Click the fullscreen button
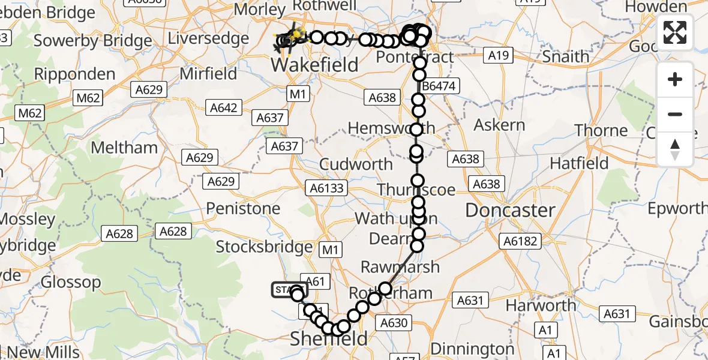[675, 32]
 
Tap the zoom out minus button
[675, 114]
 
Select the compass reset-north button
[675, 149]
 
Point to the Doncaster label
[510, 211]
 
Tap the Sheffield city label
[328, 339]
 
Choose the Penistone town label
[243, 209]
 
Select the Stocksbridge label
[264, 247]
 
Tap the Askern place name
[499, 125]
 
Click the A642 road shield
[224, 108]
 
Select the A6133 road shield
[328, 188]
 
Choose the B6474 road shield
[439, 86]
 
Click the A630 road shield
[394, 323]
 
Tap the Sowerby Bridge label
[93, 41]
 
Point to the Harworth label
[541, 305]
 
